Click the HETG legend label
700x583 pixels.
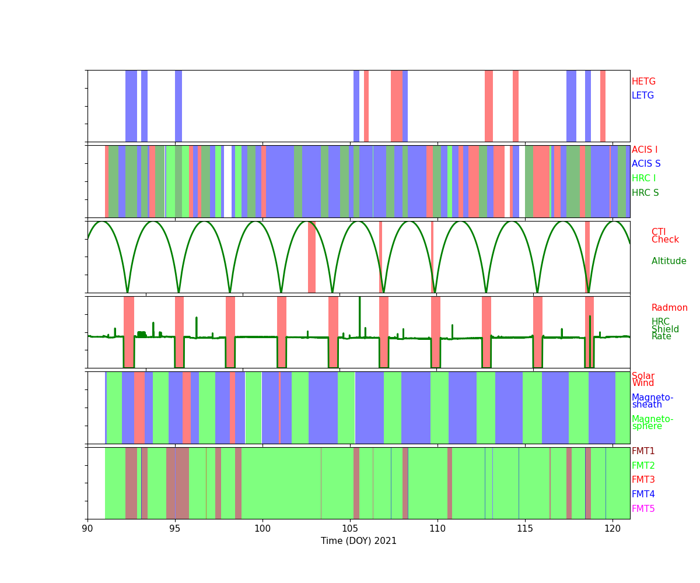click(x=643, y=82)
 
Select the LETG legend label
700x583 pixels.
click(x=643, y=96)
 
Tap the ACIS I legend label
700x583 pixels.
click(x=645, y=150)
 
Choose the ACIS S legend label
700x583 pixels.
click(x=646, y=164)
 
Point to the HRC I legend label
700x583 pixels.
click(x=643, y=178)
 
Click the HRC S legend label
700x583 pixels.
click(x=645, y=193)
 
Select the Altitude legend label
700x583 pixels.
click(x=668, y=261)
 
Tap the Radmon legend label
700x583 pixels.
click(x=669, y=308)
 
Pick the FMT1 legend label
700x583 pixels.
click(x=643, y=451)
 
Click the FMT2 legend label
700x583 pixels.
click(x=643, y=466)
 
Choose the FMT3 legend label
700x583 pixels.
click(x=643, y=480)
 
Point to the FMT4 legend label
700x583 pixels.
click(x=643, y=494)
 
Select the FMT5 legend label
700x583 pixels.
click(x=643, y=509)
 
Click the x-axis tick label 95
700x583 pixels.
click(x=175, y=529)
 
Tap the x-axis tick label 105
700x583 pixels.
click(x=350, y=529)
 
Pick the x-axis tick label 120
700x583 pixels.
click(x=612, y=529)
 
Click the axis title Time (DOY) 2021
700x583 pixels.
click(x=359, y=541)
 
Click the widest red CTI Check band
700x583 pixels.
click(x=311, y=257)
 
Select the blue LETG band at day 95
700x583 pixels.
click(x=178, y=106)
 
